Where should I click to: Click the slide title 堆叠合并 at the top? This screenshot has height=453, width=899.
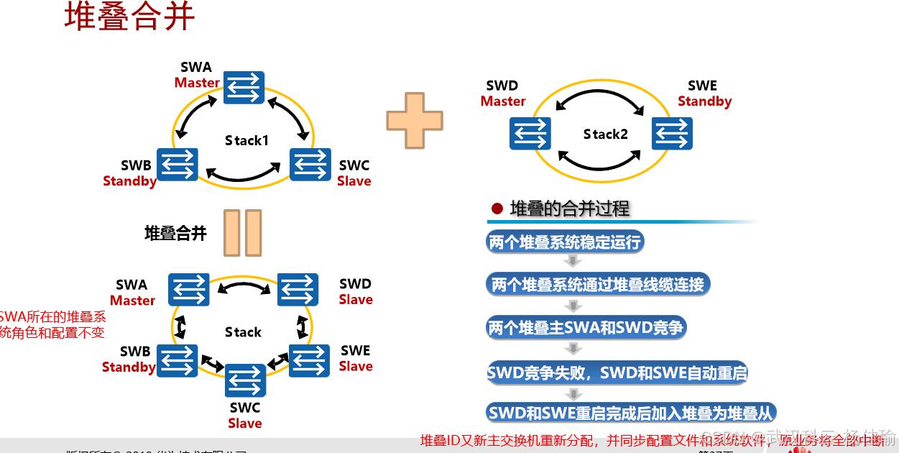tap(129, 17)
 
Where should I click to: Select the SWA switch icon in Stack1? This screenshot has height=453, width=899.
tap(244, 88)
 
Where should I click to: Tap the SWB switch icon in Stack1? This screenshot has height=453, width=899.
tap(178, 165)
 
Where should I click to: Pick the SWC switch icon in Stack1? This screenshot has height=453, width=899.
tap(310, 165)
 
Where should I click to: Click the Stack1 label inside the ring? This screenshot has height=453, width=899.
tap(246, 140)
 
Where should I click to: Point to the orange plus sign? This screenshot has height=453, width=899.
tap(415, 120)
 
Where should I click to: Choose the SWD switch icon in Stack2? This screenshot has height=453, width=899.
tap(530, 134)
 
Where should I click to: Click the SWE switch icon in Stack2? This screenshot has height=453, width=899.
tap(672, 134)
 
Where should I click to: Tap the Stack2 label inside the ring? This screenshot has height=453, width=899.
tap(605, 134)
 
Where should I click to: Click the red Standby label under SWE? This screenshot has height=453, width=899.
tap(704, 101)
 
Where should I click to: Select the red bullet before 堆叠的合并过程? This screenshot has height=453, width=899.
tap(497, 209)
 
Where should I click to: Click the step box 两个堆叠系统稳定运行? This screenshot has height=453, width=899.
tap(565, 242)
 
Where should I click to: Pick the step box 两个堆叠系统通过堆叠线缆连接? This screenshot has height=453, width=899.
tap(598, 284)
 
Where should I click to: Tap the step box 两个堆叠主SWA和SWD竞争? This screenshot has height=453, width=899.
tap(586, 329)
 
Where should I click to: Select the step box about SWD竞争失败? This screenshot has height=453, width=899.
tap(617, 372)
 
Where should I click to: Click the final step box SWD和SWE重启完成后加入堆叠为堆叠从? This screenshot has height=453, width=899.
tap(631, 413)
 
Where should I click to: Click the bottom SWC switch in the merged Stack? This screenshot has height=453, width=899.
tap(245, 380)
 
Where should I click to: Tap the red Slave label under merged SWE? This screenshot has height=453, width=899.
tap(356, 366)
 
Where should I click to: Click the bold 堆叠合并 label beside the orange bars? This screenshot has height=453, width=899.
tap(175, 233)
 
